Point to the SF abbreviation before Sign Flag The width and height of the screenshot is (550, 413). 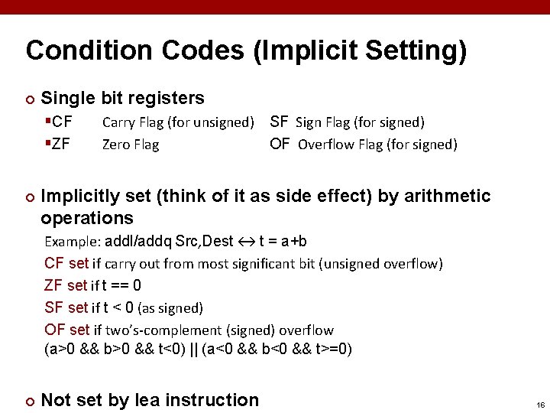[280, 122]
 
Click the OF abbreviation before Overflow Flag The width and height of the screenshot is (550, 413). [280, 144]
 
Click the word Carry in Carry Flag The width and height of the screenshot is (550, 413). [118, 122]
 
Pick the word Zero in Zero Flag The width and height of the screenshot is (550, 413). [116, 144]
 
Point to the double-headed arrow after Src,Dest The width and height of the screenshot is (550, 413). [246, 242]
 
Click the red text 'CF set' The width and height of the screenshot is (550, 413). [66, 264]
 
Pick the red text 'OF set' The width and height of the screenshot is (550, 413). [67, 330]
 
